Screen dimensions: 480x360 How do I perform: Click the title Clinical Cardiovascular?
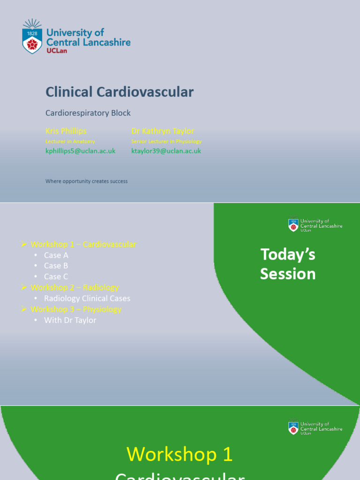119,92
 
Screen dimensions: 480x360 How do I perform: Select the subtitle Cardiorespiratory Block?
88,113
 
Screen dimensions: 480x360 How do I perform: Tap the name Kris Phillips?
66,131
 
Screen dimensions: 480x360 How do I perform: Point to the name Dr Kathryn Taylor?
163,131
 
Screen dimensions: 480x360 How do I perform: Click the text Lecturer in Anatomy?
70,141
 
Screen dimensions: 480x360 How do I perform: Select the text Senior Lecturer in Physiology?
166,141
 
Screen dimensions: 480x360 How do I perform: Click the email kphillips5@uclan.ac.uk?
80,151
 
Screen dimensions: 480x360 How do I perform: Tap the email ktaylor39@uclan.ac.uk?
166,151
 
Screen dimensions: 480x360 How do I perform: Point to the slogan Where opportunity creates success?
86,181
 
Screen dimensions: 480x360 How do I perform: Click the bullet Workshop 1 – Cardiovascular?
83,244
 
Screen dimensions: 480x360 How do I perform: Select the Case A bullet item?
56,255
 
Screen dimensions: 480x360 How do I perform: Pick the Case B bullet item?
56,266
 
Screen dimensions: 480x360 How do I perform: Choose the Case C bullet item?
56,277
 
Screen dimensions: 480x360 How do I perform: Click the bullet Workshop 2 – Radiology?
75,287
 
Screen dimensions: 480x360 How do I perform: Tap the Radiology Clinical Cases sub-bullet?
87,299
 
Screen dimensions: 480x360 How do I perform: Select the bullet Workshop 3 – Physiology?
76,309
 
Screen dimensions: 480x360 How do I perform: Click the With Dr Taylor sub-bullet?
70,320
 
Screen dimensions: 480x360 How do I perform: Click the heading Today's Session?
288,264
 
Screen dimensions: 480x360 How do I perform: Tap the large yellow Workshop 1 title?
180,454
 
